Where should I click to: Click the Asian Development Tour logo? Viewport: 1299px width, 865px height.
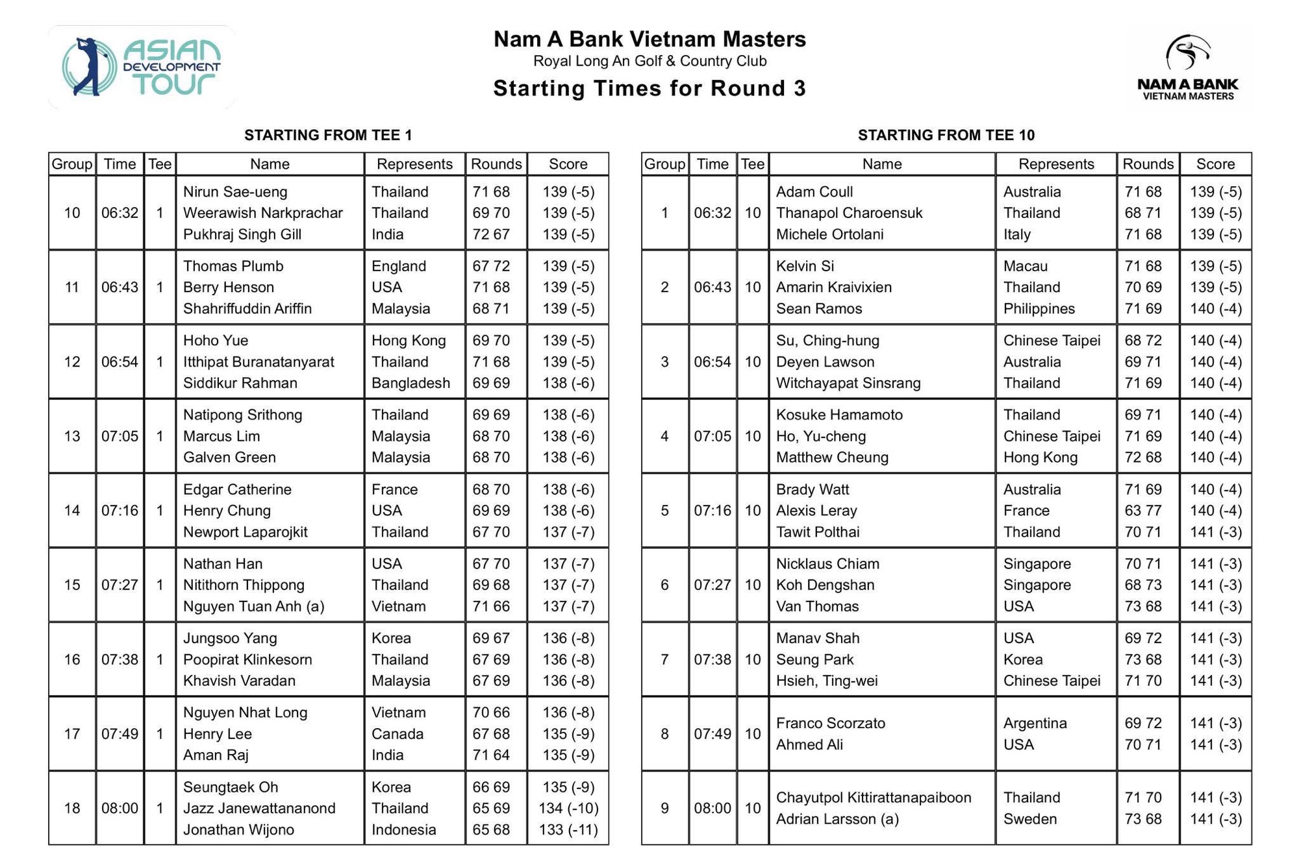point(142,67)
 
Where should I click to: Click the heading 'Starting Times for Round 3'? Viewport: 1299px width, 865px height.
point(649,88)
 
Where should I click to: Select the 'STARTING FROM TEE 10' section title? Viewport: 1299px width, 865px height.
point(946,135)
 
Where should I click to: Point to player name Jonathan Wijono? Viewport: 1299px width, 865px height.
point(238,829)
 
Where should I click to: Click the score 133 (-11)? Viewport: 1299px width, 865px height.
point(568,829)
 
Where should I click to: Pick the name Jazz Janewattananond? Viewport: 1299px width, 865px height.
point(259,808)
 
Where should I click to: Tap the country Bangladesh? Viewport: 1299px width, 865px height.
point(410,383)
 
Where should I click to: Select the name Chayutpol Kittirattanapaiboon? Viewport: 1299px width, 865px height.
point(874,798)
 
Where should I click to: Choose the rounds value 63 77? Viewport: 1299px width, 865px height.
point(1142,511)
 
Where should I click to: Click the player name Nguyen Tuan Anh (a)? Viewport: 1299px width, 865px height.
point(253,606)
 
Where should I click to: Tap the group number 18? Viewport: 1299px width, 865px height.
point(71,808)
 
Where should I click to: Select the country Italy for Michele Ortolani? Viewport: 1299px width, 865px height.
point(1016,234)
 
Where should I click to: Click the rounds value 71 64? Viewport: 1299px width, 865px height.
point(490,755)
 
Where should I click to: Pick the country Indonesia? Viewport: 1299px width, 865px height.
point(403,829)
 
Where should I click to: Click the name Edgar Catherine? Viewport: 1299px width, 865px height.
point(237,489)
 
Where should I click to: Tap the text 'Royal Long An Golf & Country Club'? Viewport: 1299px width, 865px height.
point(649,61)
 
